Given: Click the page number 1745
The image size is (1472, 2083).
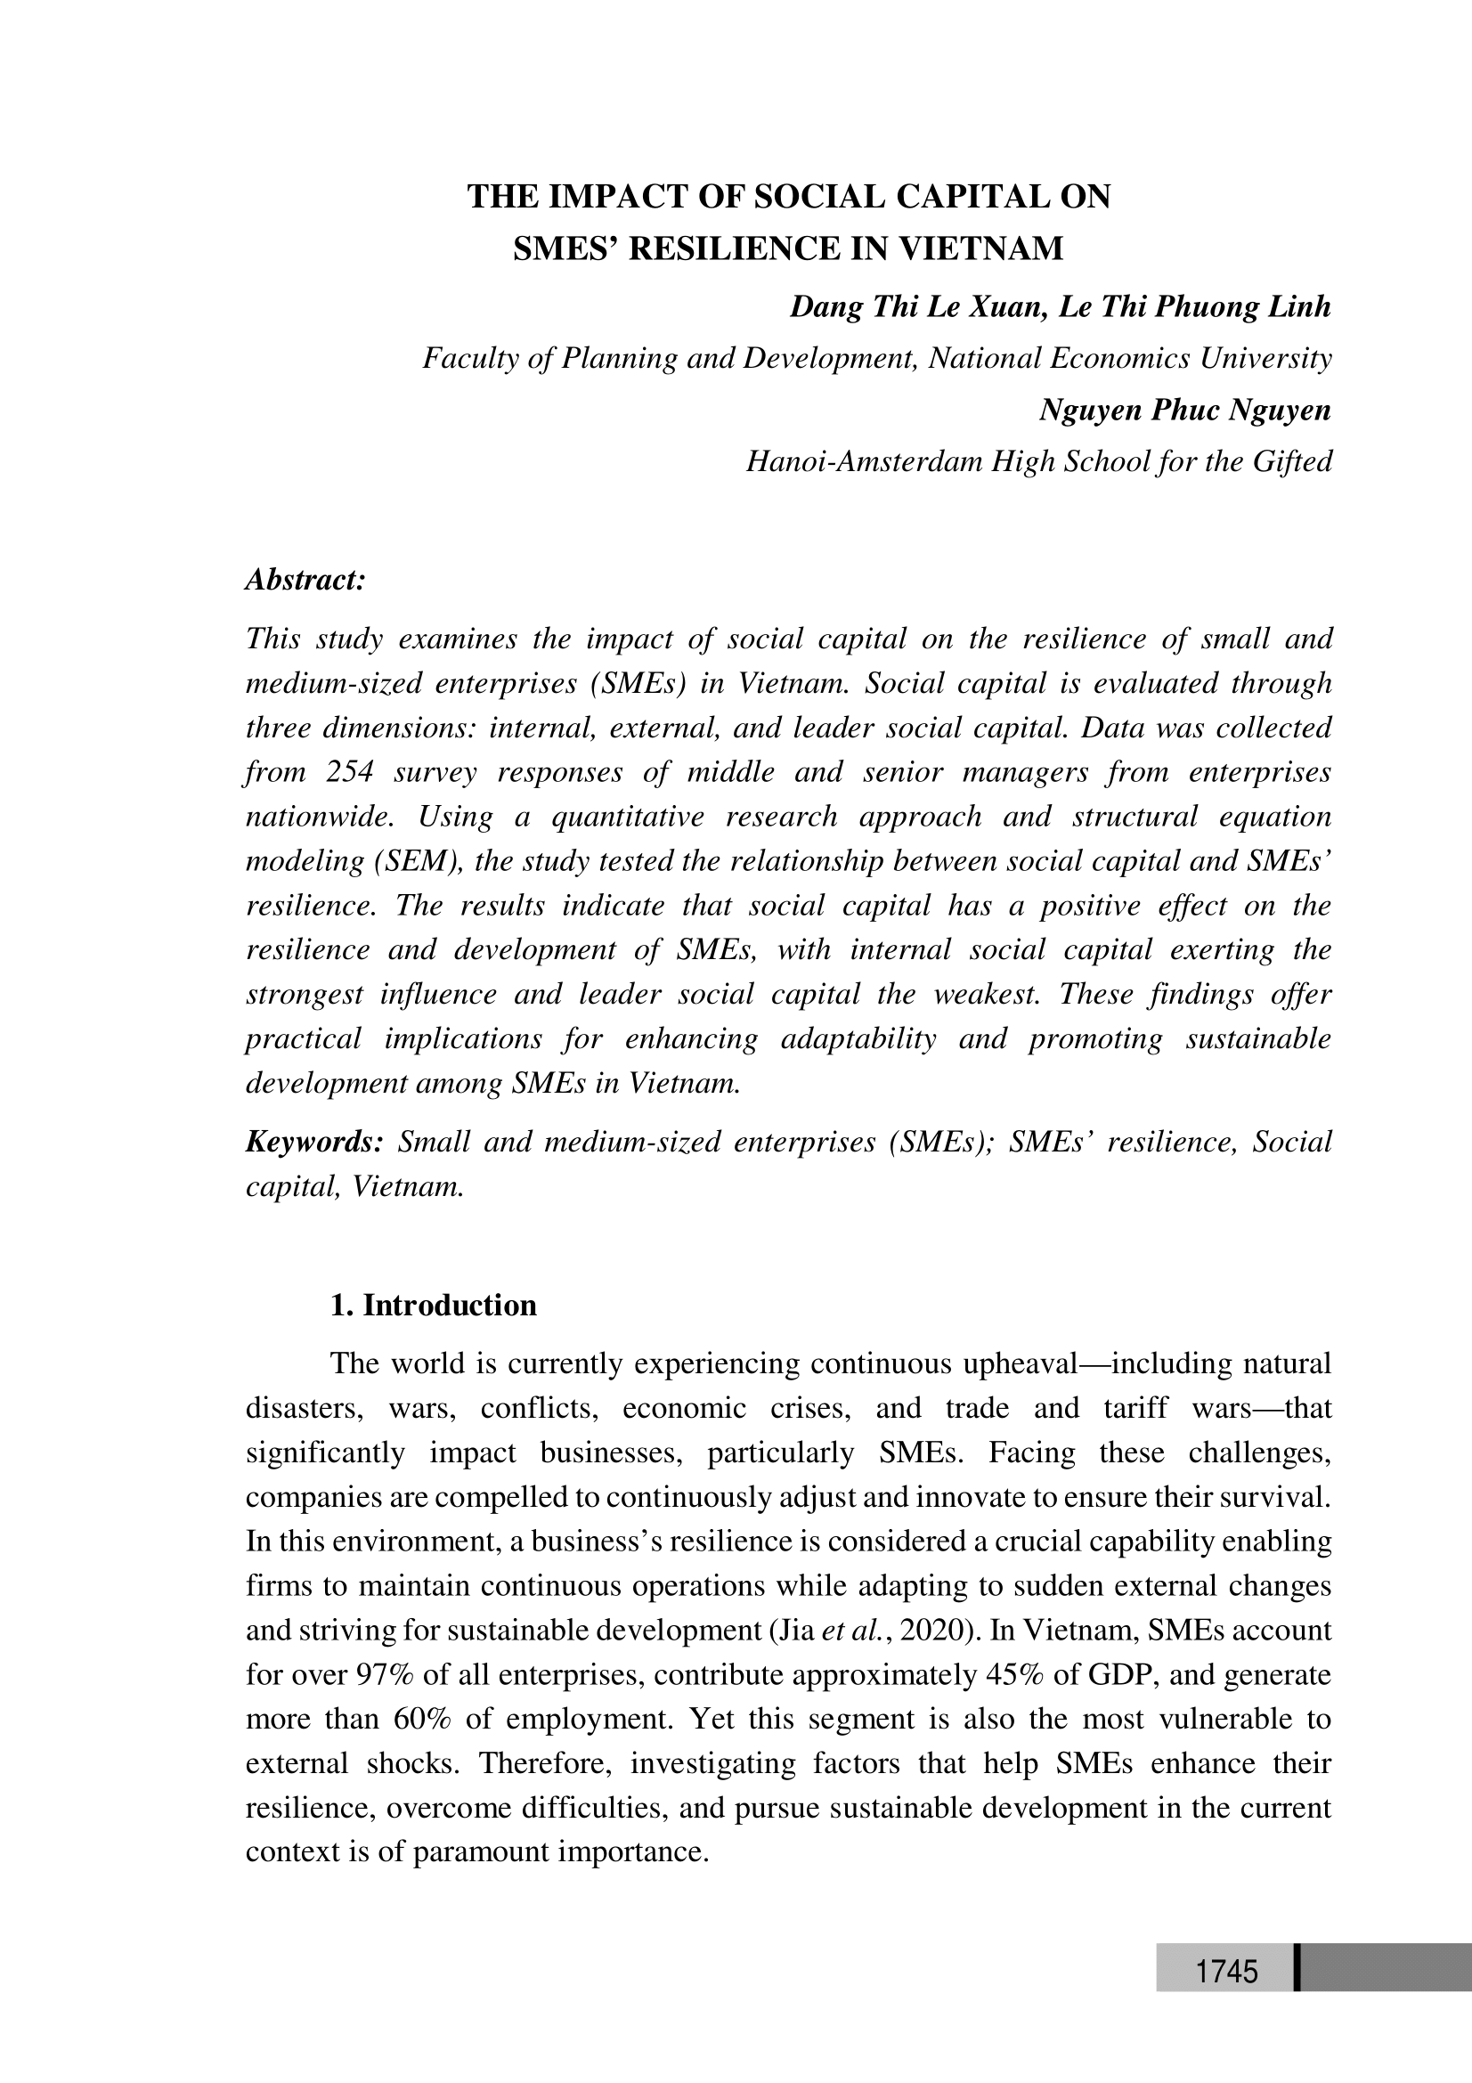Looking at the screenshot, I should [x=1226, y=1973].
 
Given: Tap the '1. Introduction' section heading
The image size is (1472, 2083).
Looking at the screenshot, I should [x=434, y=1306].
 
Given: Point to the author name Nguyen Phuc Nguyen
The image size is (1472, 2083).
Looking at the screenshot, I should [x=1184, y=410].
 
